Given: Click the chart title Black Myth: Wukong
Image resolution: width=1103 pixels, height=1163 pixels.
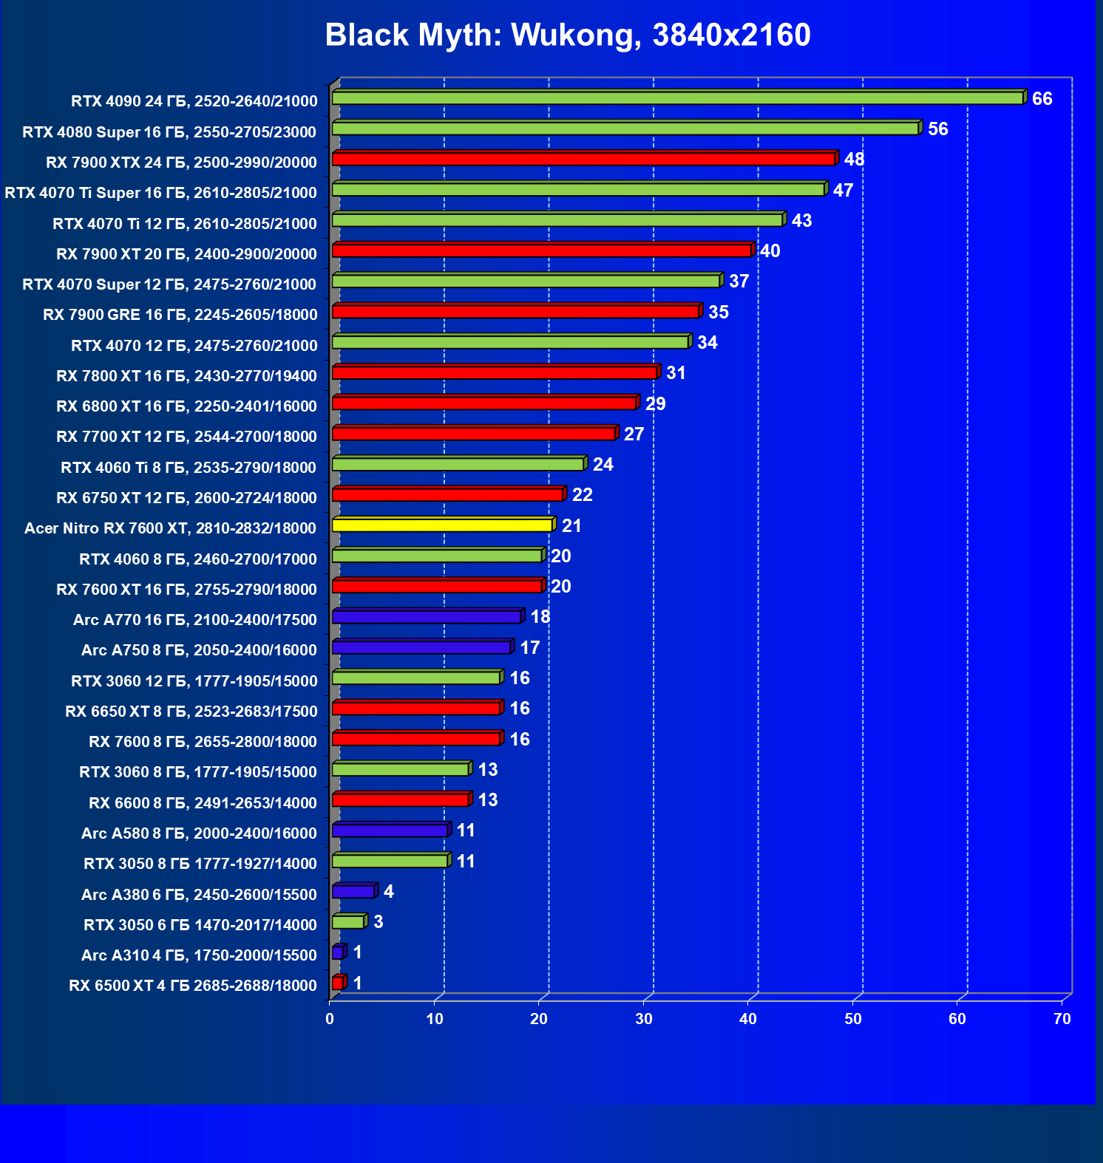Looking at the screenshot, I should click(x=568, y=35).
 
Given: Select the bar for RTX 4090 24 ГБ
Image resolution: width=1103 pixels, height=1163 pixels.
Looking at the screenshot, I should click(x=677, y=98).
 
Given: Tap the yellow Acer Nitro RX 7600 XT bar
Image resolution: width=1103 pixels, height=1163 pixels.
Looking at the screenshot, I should click(x=442, y=525).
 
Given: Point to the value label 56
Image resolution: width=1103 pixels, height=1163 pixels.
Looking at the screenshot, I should click(x=937, y=129).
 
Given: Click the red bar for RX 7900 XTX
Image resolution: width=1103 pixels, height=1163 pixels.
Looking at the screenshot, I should click(x=583, y=160).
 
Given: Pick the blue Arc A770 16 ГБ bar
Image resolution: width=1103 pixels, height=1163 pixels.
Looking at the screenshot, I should click(x=427, y=617).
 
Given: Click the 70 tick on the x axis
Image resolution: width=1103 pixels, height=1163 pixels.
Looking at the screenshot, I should click(x=1062, y=1019).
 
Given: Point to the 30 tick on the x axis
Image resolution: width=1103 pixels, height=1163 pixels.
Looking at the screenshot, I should click(x=643, y=1019).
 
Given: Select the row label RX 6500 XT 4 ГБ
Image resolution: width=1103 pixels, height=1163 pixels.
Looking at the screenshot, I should click(x=193, y=986).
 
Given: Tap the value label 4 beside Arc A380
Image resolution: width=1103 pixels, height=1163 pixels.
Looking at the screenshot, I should click(x=389, y=892).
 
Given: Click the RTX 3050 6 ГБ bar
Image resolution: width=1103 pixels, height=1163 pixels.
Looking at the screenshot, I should click(x=348, y=922).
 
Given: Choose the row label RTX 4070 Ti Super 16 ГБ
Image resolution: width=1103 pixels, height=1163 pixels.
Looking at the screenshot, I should click(x=160, y=193).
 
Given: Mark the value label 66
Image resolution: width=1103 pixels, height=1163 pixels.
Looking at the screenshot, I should click(x=1042, y=99).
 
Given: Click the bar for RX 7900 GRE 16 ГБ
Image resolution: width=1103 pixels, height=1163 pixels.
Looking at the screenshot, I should click(x=515, y=312).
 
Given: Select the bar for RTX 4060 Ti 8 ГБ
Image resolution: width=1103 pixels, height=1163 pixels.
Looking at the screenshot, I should click(x=458, y=465).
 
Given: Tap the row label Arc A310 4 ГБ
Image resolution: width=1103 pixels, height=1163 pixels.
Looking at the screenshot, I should click(x=199, y=955).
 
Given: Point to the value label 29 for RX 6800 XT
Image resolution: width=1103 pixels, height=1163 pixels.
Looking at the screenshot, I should click(x=655, y=404).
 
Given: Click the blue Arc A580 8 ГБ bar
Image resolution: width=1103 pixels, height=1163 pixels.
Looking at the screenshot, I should click(x=390, y=831).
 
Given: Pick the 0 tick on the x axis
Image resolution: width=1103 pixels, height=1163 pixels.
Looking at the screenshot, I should click(x=330, y=1019).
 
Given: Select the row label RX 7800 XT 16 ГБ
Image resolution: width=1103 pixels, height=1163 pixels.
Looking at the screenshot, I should click(x=186, y=376).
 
